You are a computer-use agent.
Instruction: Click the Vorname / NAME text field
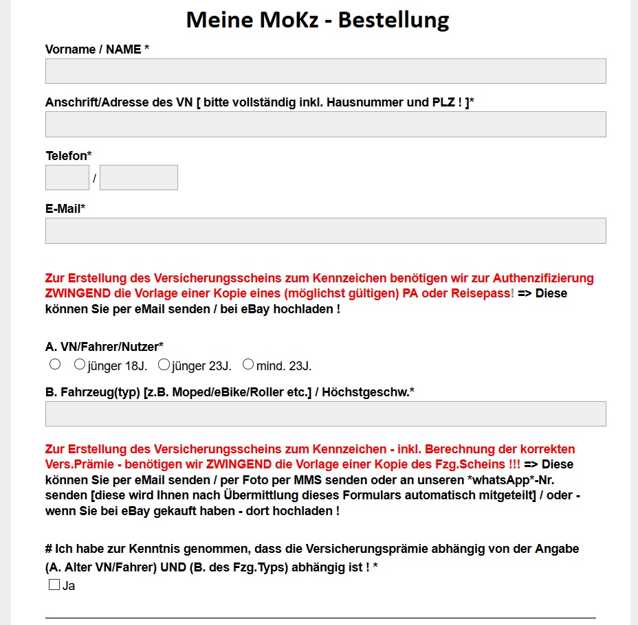[325, 71]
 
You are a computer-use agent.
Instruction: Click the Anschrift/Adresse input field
[325, 124]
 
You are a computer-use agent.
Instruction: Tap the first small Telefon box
[67, 177]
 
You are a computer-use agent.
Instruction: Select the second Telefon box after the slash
[139, 177]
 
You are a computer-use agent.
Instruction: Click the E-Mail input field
[325, 231]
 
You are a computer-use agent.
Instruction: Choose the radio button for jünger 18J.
[80, 364]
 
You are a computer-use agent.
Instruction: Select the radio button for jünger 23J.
[164, 364]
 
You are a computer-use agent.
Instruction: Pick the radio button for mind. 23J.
[248, 364]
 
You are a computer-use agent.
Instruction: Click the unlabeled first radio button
[55, 364]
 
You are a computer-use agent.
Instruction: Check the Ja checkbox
[54, 585]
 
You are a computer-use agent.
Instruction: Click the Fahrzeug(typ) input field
[325, 413]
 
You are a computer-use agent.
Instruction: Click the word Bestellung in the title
[393, 20]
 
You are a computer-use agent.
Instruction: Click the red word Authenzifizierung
[543, 278]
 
